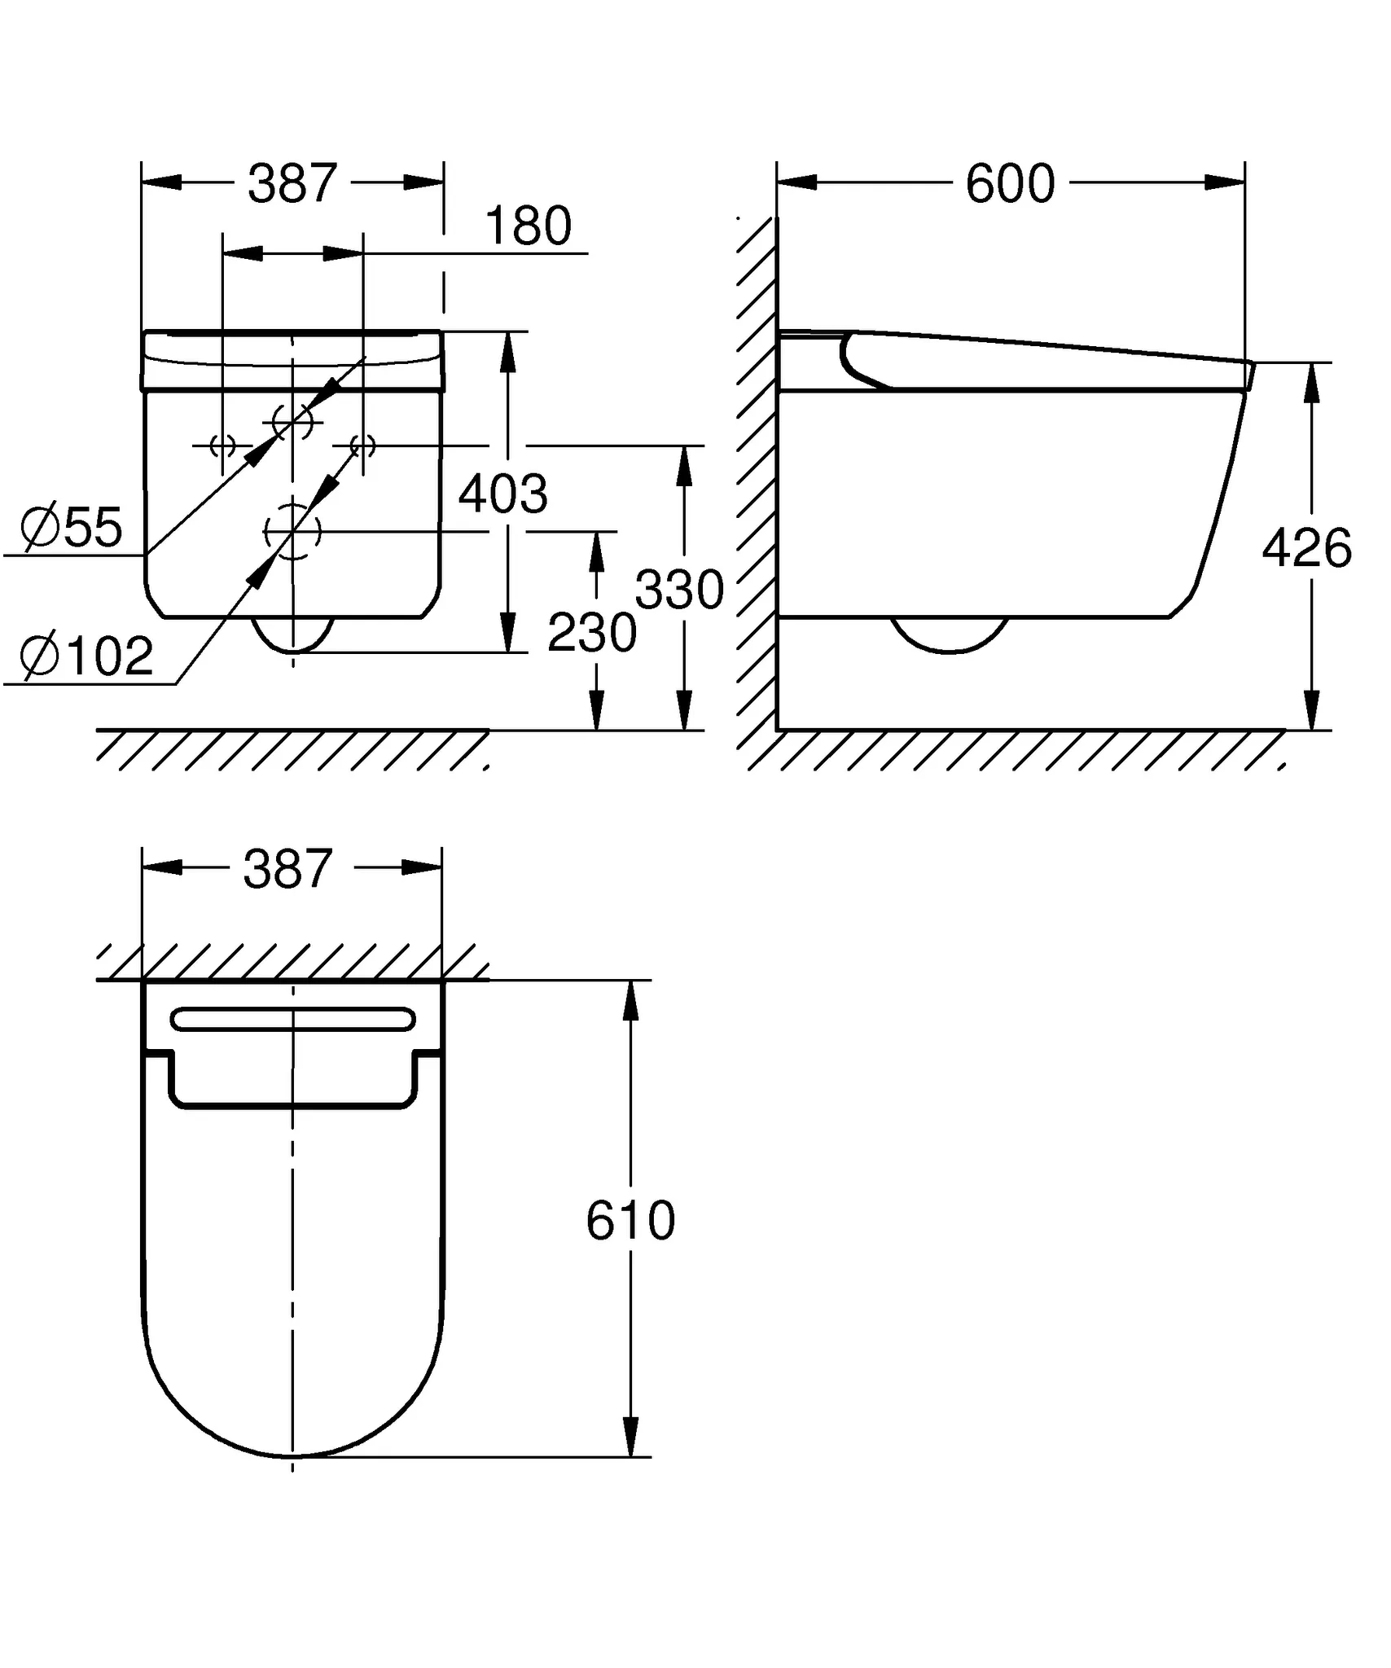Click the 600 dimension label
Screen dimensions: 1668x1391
[x=1010, y=184]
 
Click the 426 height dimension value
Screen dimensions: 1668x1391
[x=1306, y=548]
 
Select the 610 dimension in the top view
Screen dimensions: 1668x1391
[x=630, y=1220]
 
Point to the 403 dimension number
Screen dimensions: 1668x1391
[x=502, y=494]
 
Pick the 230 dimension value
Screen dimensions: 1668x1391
[x=591, y=633]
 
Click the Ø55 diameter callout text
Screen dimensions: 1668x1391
[x=72, y=528]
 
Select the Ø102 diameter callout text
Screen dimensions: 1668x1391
[x=86, y=656]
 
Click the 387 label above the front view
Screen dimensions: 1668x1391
[x=292, y=184]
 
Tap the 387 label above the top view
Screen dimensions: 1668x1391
[x=287, y=869]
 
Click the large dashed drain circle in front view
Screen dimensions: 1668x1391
[x=292, y=532]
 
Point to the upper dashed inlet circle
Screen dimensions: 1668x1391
[x=292, y=422]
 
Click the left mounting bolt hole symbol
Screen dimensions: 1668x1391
[x=222, y=446]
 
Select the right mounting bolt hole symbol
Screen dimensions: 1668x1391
[x=362, y=446]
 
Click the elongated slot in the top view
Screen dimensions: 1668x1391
[x=292, y=1020]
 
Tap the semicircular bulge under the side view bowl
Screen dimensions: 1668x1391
[x=949, y=634]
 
